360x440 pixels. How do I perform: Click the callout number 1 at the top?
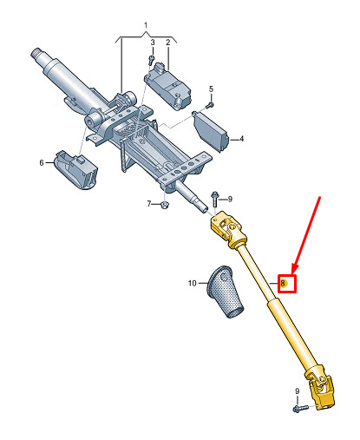coord(146,25)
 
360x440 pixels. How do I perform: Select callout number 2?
coord(168,43)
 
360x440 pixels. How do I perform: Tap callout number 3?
coord(153,43)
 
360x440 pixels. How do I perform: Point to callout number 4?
coord(241,139)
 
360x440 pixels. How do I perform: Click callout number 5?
coord(211,89)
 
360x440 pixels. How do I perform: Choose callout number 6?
coord(42,163)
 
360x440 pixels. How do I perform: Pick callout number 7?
coord(149,204)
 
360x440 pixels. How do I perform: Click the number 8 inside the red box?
coord(283,283)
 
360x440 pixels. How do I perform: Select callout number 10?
coord(193,283)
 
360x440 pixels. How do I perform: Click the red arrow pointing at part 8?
coord(306,236)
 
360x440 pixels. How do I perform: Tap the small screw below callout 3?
coord(151,60)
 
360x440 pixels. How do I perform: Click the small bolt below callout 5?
coord(210,106)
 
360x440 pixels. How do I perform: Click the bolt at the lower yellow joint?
coord(300,408)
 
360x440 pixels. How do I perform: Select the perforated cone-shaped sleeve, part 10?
coord(225,292)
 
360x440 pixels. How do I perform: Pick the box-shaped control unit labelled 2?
coord(167,87)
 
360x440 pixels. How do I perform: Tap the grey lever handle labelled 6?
coord(75,170)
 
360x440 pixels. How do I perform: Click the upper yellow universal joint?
coord(229,230)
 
